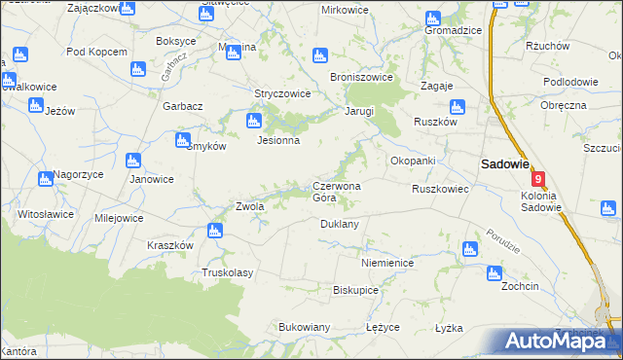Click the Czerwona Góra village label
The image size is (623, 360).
pos(337,192)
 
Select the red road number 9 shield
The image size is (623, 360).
pos(537,178)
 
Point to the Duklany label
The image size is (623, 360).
pos(340,224)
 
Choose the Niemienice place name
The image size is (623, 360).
pos(387,264)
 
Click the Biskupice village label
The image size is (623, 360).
pos(355,290)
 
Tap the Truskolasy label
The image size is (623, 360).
pos(227,273)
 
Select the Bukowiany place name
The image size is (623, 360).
pos(305,327)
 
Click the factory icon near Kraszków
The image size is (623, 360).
pos(214,231)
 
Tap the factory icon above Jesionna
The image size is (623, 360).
pos(254,122)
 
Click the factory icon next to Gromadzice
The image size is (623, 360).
pos(433,18)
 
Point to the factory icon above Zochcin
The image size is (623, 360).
pos(493,273)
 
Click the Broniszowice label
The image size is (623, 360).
pos(361,76)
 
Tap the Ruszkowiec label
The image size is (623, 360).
pos(440,189)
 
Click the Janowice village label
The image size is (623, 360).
pos(151,179)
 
